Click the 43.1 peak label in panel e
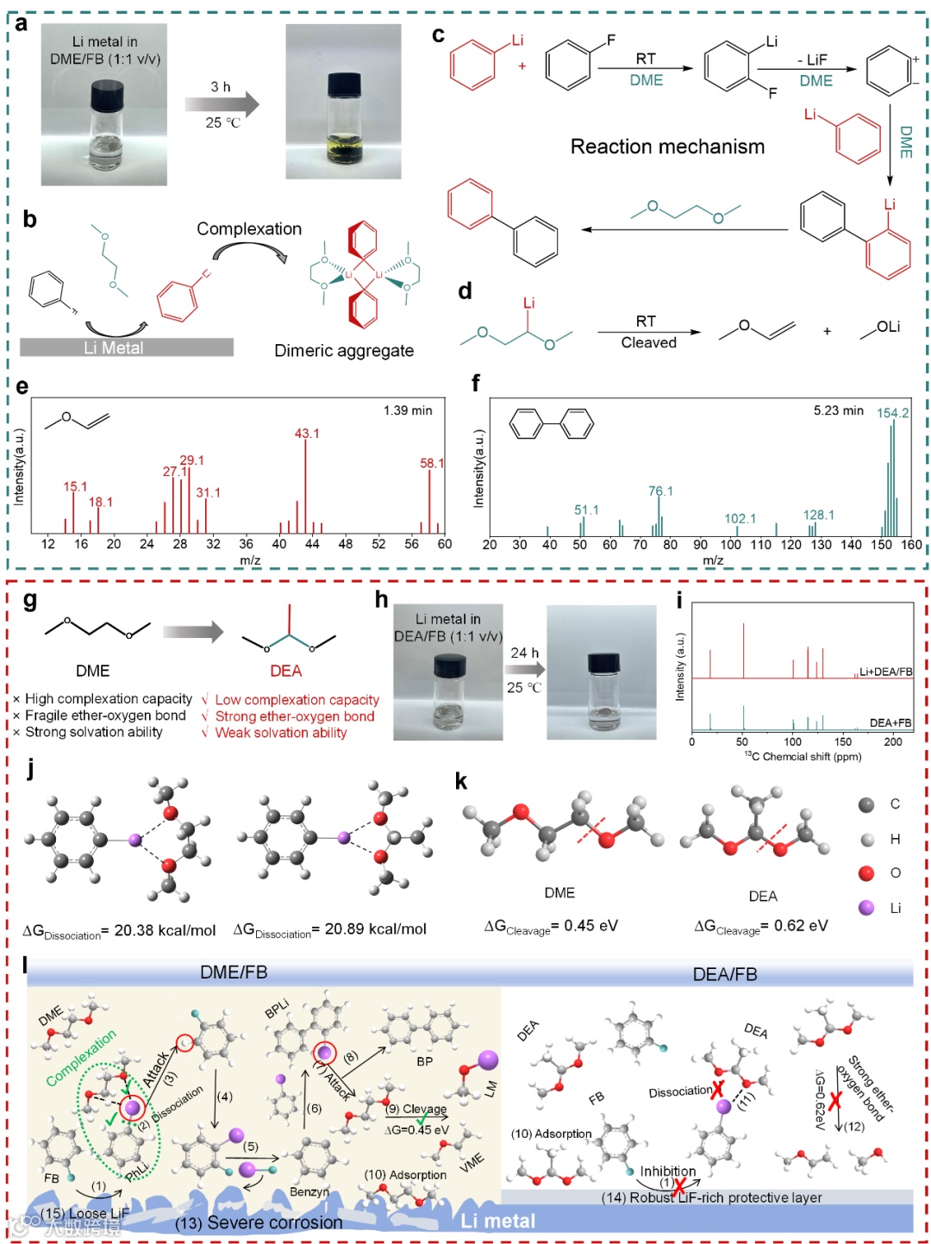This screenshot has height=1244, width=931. (x=307, y=433)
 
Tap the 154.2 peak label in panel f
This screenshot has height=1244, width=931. (x=892, y=413)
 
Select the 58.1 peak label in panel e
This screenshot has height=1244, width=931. (x=432, y=463)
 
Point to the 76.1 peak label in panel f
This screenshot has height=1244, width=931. (x=660, y=491)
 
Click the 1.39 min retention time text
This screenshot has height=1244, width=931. (x=408, y=410)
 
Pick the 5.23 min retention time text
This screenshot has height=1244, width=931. (x=838, y=410)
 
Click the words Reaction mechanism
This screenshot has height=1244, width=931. (x=667, y=147)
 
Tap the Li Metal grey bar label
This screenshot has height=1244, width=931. (x=114, y=347)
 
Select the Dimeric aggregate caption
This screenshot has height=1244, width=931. (x=344, y=350)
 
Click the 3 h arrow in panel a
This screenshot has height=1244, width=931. (x=222, y=105)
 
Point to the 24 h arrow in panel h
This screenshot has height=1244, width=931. (x=525, y=670)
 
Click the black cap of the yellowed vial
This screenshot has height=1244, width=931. (x=344, y=84)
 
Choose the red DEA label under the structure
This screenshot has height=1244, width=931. (x=285, y=671)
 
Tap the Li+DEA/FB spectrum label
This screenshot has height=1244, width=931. (x=885, y=672)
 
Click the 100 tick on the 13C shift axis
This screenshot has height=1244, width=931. (x=793, y=741)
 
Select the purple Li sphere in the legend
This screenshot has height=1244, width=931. (x=866, y=908)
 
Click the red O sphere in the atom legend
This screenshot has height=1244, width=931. (x=866, y=873)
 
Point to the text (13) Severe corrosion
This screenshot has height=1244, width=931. (x=259, y=1222)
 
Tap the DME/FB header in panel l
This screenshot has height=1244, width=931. (x=234, y=972)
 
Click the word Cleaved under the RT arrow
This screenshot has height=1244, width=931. (x=648, y=342)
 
